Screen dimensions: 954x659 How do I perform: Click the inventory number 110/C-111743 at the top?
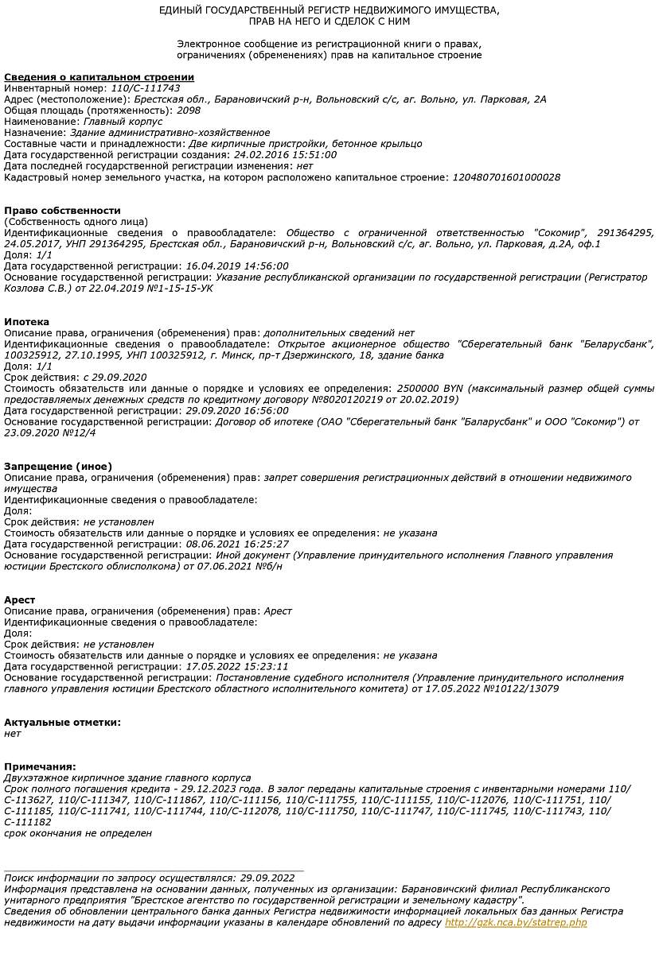click(146, 88)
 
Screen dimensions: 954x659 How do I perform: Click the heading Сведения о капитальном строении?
click(99, 77)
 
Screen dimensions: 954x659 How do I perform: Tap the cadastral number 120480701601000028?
click(505, 177)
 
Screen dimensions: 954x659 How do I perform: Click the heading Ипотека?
click(26, 321)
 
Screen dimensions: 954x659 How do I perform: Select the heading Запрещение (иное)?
click(58, 466)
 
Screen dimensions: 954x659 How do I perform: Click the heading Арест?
click(19, 599)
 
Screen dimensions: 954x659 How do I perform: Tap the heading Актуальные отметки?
click(62, 722)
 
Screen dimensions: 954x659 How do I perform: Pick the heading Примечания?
click(40, 766)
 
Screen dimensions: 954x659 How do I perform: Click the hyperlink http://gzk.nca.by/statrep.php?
click(516, 922)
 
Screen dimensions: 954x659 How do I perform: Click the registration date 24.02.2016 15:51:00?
click(285, 155)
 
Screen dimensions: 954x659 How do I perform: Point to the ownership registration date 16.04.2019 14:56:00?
click(236, 266)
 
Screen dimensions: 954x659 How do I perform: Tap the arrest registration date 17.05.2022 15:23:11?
click(236, 666)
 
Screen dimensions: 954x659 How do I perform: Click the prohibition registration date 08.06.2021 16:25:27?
click(236, 544)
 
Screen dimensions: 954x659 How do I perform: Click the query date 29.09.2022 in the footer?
click(267, 878)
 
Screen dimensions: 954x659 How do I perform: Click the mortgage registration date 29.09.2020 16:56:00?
click(236, 410)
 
